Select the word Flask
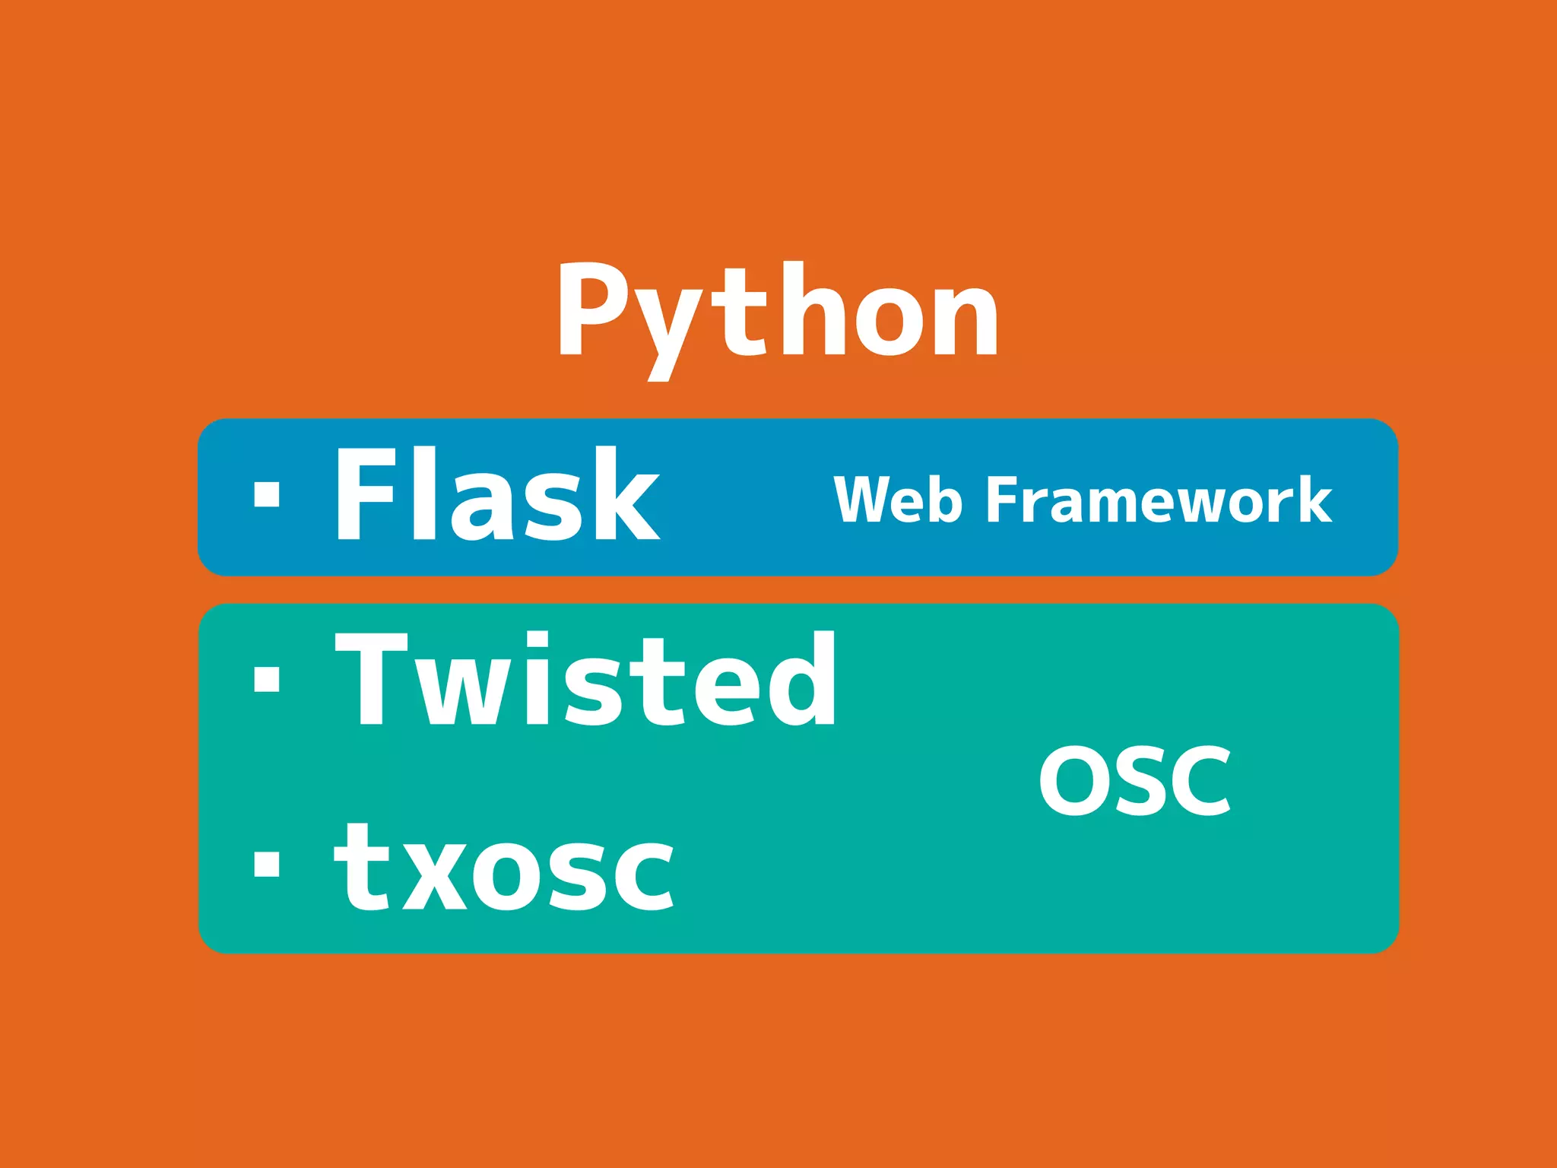(x=498, y=494)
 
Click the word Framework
(x=1159, y=500)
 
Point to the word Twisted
(x=585, y=678)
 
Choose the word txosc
(x=504, y=869)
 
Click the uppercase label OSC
(x=1134, y=781)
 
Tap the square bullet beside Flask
(x=267, y=494)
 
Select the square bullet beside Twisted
(x=267, y=678)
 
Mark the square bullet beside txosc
(x=267, y=864)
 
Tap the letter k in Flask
(x=626, y=494)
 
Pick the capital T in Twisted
(x=372, y=678)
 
